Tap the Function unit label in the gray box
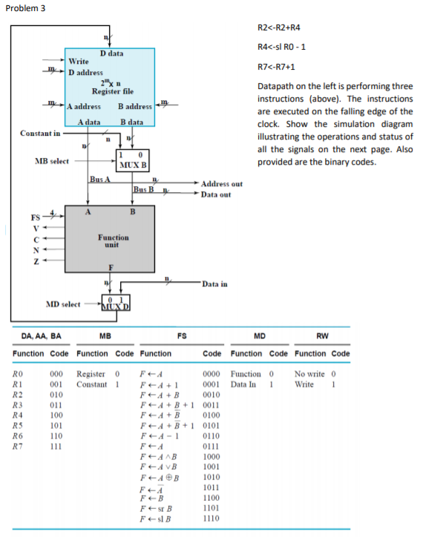pyautogui.click(x=113, y=240)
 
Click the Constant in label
pyautogui.click(x=41, y=134)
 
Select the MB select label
pyautogui.click(x=52, y=161)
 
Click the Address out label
pyautogui.click(x=221, y=183)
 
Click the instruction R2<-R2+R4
pyautogui.click(x=278, y=28)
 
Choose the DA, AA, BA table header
pyautogui.click(x=36, y=336)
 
